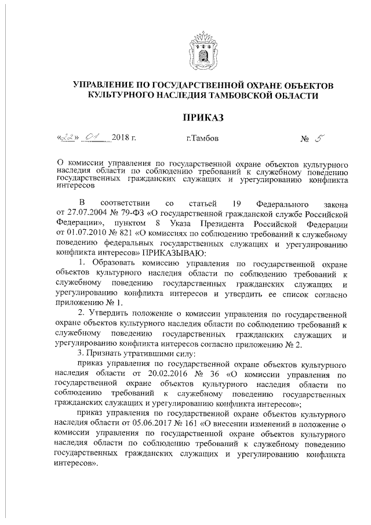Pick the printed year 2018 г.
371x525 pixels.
125,139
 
